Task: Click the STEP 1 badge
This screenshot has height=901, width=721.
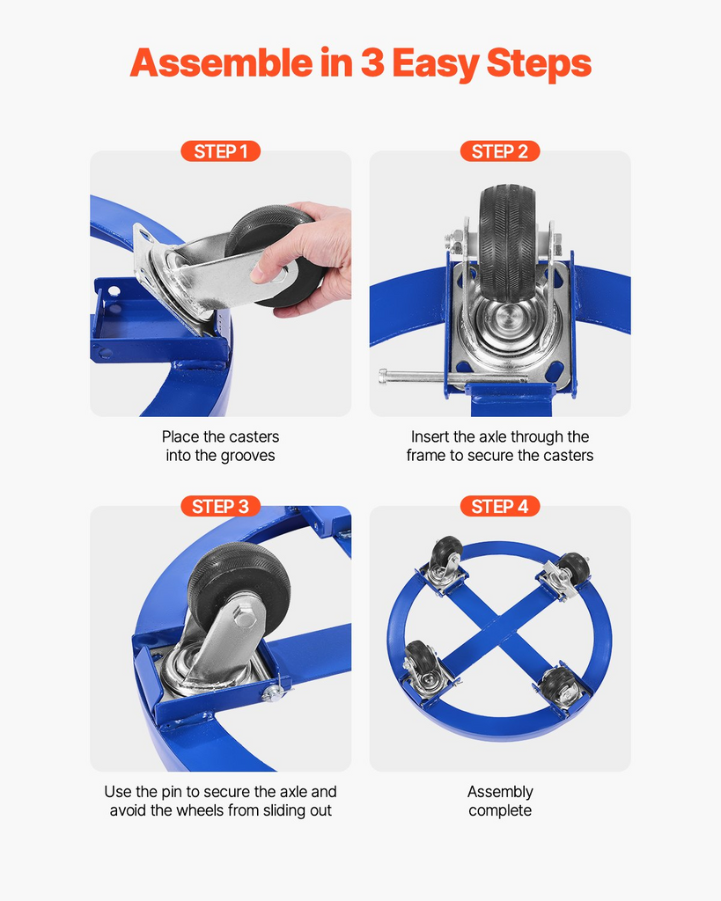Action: pos(221,151)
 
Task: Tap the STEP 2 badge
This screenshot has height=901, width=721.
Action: pos(500,151)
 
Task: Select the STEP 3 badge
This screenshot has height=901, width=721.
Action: pos(221,506)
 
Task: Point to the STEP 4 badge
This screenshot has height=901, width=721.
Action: pos(500,506)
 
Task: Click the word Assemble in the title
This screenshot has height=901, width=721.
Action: pos(221,62)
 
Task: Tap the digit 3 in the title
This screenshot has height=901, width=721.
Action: pos(372,62)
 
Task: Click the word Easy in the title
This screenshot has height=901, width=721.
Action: pos(435,64)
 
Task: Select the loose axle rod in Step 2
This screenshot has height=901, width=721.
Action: pos(452,377)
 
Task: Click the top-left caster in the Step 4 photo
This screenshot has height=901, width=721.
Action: pos(445,566)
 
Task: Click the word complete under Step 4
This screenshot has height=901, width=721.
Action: pos(500,811)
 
